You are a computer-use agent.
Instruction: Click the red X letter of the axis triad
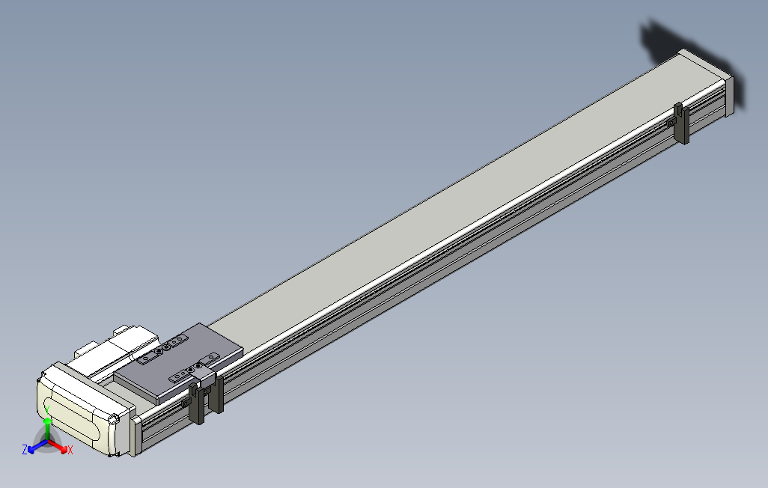click(x=70, y=450)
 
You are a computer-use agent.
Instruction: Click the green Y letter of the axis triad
click(x=47, y=409)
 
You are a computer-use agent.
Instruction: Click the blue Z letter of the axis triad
click(x=25, y=449)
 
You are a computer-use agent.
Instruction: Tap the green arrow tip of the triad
click(x=47, y=421)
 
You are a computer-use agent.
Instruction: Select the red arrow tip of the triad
click(x=64, y=450)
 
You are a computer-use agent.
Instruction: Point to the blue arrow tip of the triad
click(x=31, y=450)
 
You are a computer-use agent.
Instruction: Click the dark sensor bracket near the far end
click(x=681, y=123)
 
